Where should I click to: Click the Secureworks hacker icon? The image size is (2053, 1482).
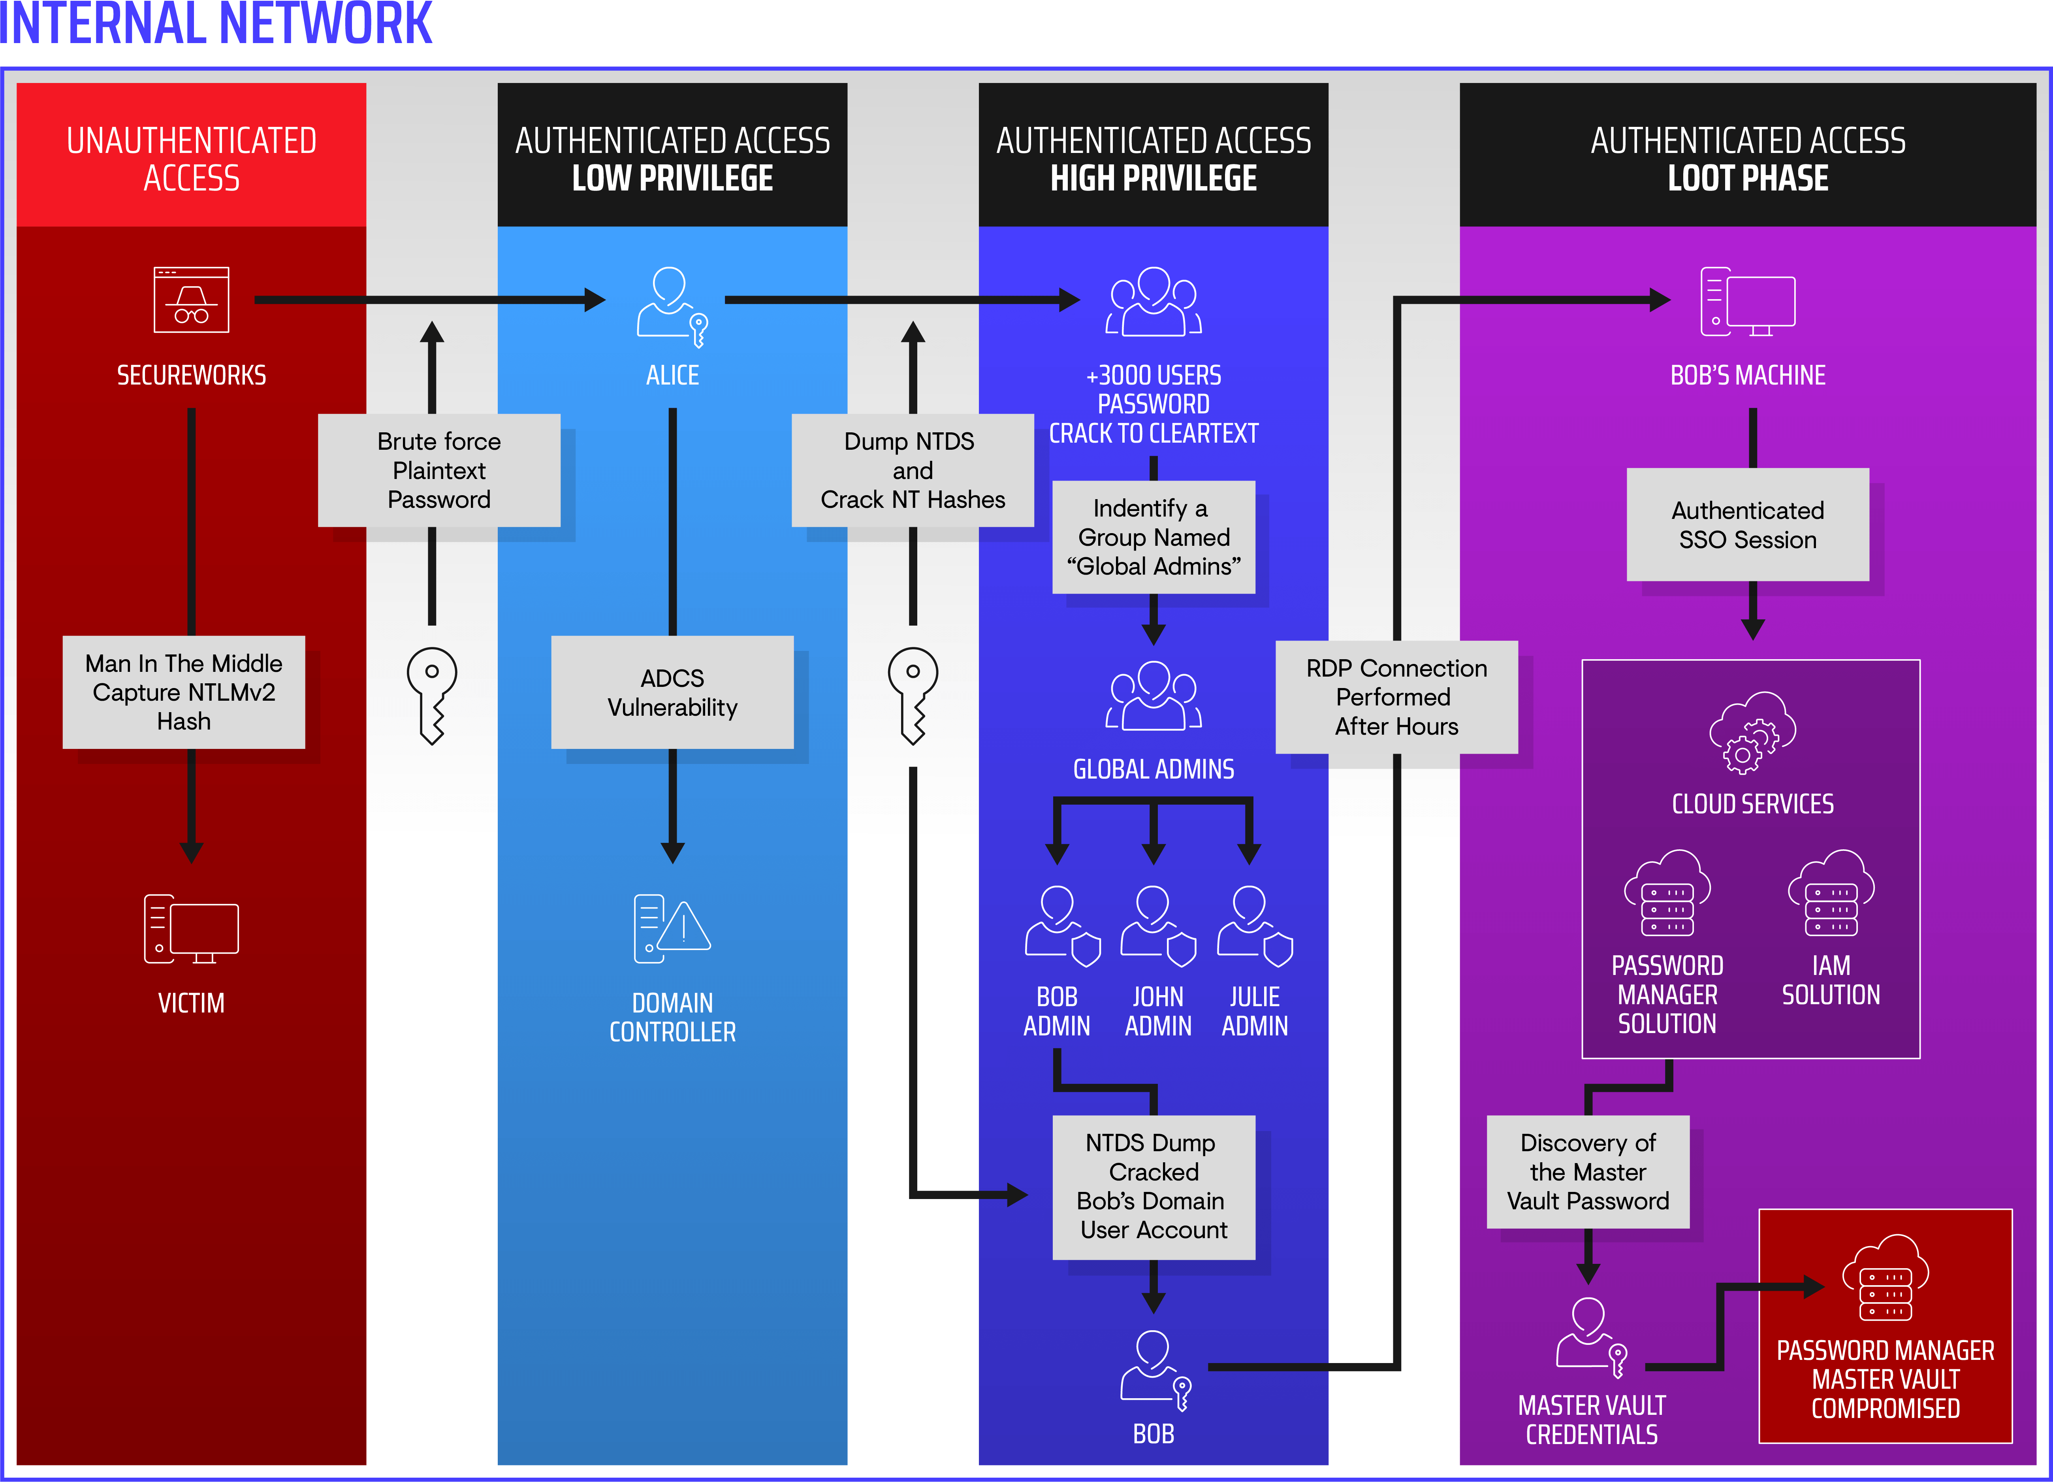tap(191, 300)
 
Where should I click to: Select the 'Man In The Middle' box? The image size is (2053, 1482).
tap(184, 692)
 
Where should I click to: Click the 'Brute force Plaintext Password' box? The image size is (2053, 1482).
tap(439, 471)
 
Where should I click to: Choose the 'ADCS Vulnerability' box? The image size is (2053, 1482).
tap(673, 692)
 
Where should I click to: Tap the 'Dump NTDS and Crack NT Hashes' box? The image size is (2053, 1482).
tap(913, 471)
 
